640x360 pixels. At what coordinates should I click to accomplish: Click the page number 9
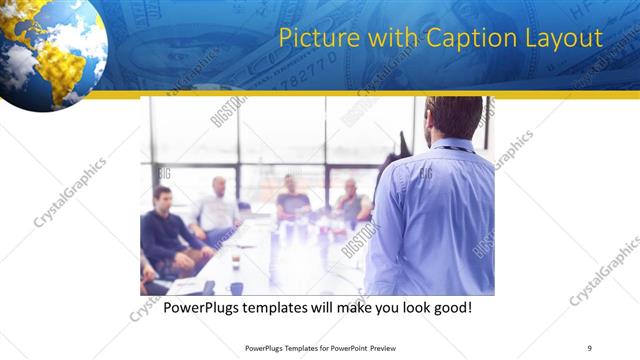[589, 347]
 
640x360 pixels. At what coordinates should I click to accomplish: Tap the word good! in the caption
[450, 308]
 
